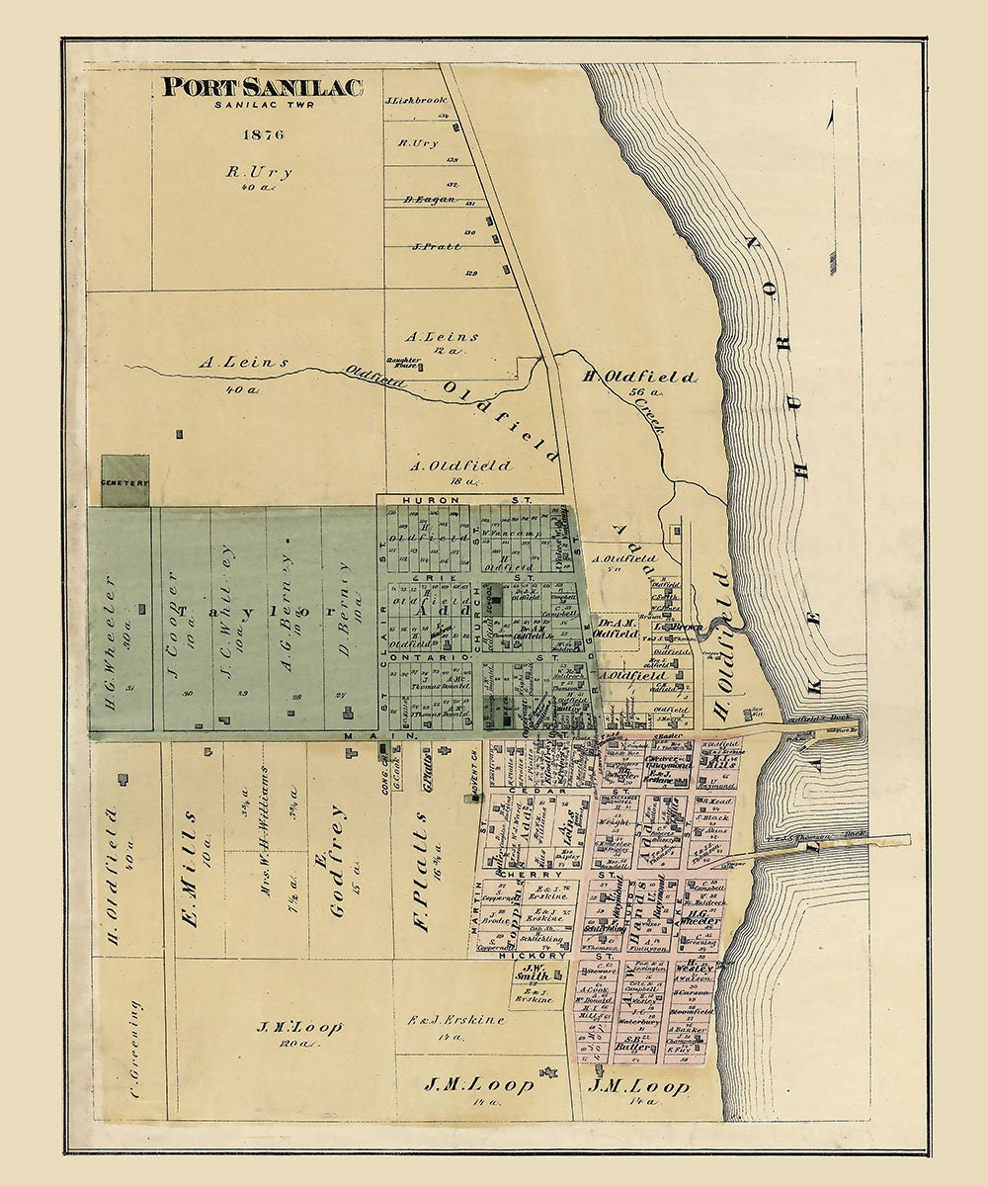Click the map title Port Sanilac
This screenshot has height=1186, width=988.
pos(263,87)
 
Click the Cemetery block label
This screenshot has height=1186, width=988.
pos(124,482)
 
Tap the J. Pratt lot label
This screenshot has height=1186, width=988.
pos(436,246)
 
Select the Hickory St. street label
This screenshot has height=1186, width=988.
pos(542,956)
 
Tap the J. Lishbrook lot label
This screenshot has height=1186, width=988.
pos(415,100)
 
